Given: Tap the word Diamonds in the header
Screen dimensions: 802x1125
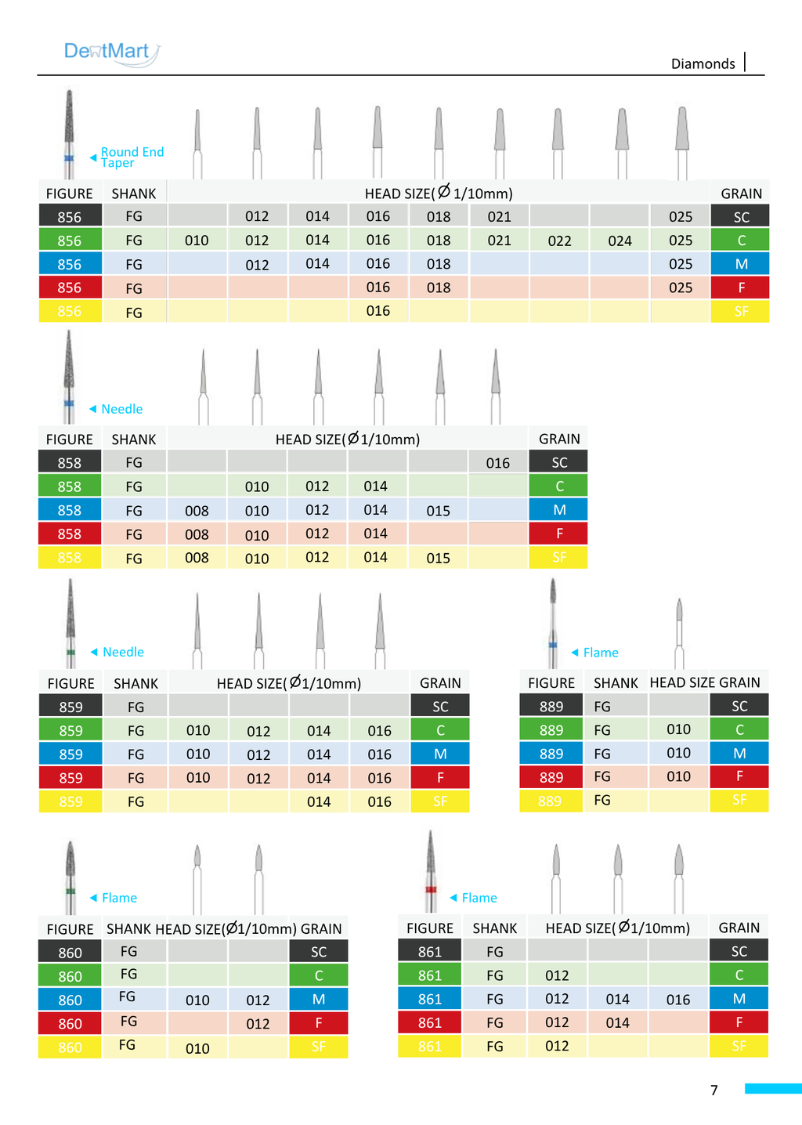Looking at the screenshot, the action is point(703,63).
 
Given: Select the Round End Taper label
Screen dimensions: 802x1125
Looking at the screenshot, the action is point(132,157).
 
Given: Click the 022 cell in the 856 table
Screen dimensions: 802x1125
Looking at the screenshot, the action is point(559,241).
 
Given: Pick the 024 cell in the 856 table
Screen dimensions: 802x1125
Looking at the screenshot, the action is point(620,241).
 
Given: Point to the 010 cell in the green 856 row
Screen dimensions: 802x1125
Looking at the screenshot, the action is point(197,241).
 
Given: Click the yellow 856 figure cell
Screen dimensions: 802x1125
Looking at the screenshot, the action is point(70,311).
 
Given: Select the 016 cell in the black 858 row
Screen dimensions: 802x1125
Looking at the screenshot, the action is point(497,462).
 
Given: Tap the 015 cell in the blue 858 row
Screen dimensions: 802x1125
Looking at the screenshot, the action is point(438,510).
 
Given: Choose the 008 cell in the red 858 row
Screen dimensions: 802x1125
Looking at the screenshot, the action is point(197,534).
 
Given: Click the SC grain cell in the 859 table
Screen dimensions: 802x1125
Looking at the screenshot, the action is point(440,706).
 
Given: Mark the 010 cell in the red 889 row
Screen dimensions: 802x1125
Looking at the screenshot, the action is point(678,776).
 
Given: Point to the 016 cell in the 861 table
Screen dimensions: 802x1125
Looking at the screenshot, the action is point(678,999).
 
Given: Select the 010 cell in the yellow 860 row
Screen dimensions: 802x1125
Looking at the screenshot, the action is point(197,1047).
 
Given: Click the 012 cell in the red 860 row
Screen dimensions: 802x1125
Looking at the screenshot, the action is point(258,1023).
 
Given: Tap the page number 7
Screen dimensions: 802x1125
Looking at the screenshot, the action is point(713,1089).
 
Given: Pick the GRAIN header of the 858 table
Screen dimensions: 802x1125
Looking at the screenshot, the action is point(559,439).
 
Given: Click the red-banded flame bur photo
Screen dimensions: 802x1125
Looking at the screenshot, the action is point(431,872).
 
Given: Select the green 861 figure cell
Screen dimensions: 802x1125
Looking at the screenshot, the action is point(430,975).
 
